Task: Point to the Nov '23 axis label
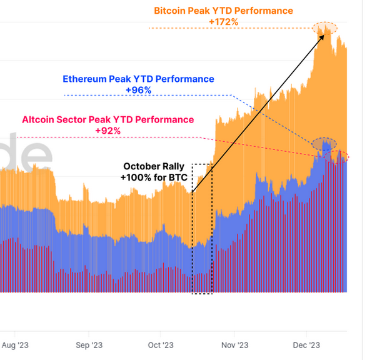[x=235, y=344]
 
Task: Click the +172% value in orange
[x=223, y=22]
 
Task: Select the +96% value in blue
[x=138, y=90]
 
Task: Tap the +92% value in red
[x=108, y=130]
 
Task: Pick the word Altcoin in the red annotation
[x=40, y=119]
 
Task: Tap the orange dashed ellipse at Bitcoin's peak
[x=324, y=28]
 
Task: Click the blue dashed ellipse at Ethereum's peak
[x=324, y=143]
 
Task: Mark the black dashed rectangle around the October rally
[x=202, y=229]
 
